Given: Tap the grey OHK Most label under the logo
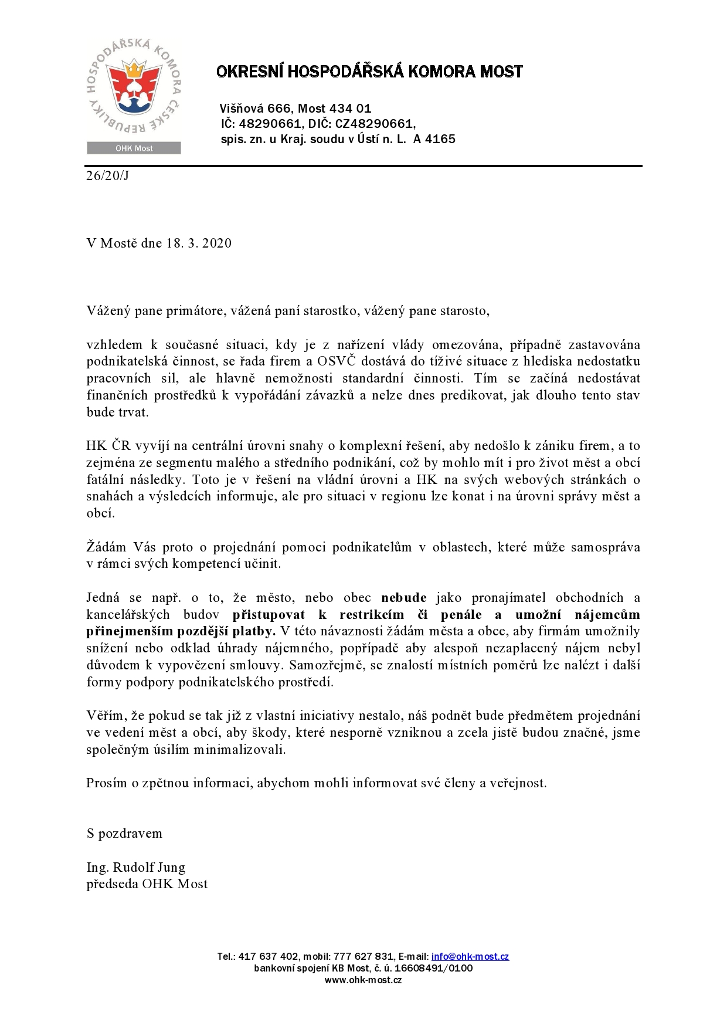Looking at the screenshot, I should click(134, 148).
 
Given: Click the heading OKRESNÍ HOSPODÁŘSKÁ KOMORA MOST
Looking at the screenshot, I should click(369, 72).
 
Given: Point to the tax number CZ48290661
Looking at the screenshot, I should click(375, 124).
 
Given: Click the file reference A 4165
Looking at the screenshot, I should click(434, 140).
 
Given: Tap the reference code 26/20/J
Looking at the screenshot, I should click(107, 175).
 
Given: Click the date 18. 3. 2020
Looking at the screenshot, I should click(198, 243).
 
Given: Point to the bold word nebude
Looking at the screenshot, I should click(404, 598).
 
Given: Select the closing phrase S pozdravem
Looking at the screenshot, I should click(124, 834).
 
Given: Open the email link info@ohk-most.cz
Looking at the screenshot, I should click(470, 957).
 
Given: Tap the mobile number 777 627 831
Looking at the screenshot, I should click(363, 957).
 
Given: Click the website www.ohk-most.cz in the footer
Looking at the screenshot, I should click(363, 980).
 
